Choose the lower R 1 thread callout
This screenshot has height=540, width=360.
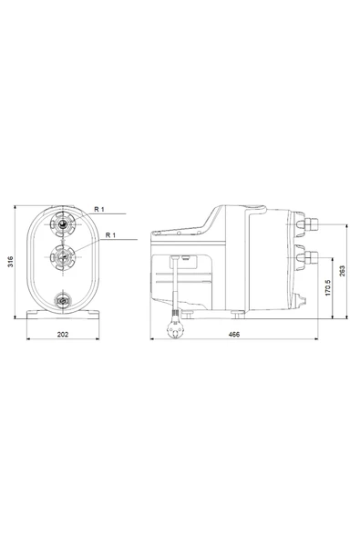pos(110,235)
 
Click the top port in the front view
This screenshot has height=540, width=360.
pos(63,224)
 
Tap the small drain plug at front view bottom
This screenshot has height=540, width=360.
pos(63,299)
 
